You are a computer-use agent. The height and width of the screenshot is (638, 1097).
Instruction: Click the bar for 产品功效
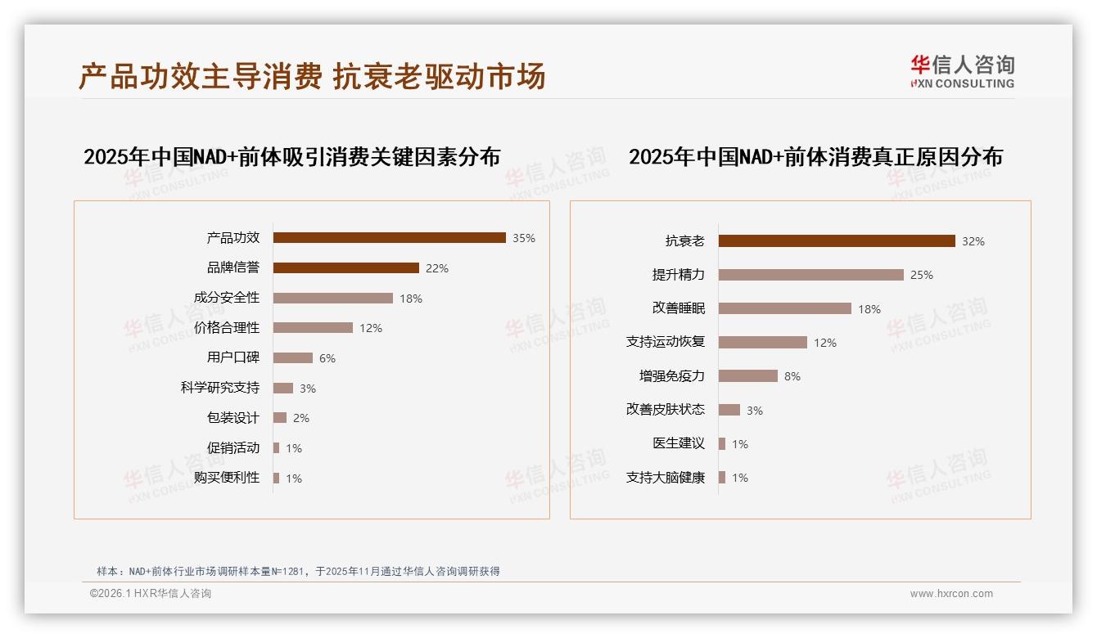point(389,238)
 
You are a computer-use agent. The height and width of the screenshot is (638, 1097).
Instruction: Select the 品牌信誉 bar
point(345,268)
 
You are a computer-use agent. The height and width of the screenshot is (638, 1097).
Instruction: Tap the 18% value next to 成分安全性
point(411,299)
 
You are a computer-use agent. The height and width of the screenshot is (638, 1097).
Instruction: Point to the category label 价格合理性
point(227,328)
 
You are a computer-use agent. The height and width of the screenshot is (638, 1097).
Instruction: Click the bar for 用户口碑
point(292,358)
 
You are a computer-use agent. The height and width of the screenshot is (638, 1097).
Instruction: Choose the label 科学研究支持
point(220,388)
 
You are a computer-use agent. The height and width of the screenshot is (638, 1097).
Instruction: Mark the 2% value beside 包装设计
point(301,418)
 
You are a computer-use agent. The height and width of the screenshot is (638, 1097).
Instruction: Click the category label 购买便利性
point(227,478)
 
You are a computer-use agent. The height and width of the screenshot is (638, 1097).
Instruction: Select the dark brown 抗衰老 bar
point(837,241)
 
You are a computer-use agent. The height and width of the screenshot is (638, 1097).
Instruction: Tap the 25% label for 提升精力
point(922,275)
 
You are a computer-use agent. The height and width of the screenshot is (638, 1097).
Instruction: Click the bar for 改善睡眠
point(784,308)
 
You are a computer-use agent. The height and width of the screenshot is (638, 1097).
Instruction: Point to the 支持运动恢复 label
point(666,342)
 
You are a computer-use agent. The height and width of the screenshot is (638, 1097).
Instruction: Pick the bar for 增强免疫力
point(747,376)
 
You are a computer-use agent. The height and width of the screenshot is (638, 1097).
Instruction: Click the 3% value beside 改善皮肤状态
point(755,411)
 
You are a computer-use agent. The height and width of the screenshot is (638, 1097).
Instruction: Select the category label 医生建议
point(679,443)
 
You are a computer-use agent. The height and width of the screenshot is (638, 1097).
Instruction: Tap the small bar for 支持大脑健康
point(722,478)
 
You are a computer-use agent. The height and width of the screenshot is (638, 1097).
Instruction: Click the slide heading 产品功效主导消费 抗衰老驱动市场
point(312,77)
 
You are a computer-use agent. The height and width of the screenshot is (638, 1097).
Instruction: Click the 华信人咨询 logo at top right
point(962,72)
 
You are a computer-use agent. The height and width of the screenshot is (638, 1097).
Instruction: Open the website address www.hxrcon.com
point(951,594)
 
